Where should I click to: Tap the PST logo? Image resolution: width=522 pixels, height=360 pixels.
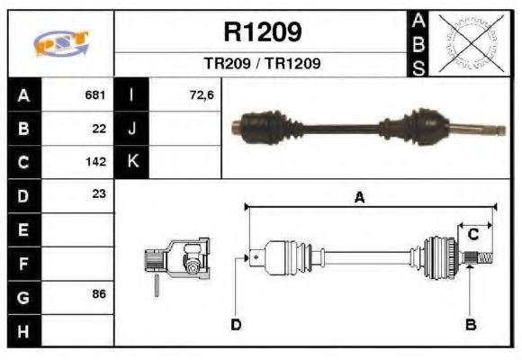(x=62, y=44)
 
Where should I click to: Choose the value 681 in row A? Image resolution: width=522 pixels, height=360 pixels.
(x=95, y=94)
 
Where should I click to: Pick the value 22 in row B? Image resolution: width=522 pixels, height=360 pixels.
(x=99, y=129)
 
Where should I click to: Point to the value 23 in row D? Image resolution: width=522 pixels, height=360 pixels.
(x=99, y=193)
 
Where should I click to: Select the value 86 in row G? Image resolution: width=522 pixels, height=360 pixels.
(x=99, y=294)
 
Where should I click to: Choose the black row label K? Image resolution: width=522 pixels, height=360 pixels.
(x=131, y=162)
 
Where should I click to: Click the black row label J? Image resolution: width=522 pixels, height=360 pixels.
(x=131, y=129)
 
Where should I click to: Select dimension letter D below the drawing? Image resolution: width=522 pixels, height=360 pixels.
(x=236, y=324)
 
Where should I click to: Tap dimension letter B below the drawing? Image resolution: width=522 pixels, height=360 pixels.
(x=470, y=324)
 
